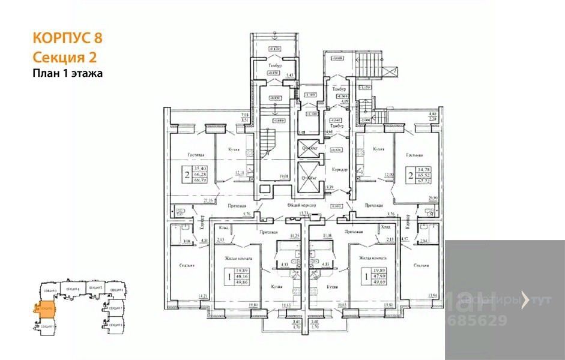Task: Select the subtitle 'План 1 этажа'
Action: click(68, 74)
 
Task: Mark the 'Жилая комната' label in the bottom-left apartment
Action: click(237, 259)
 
